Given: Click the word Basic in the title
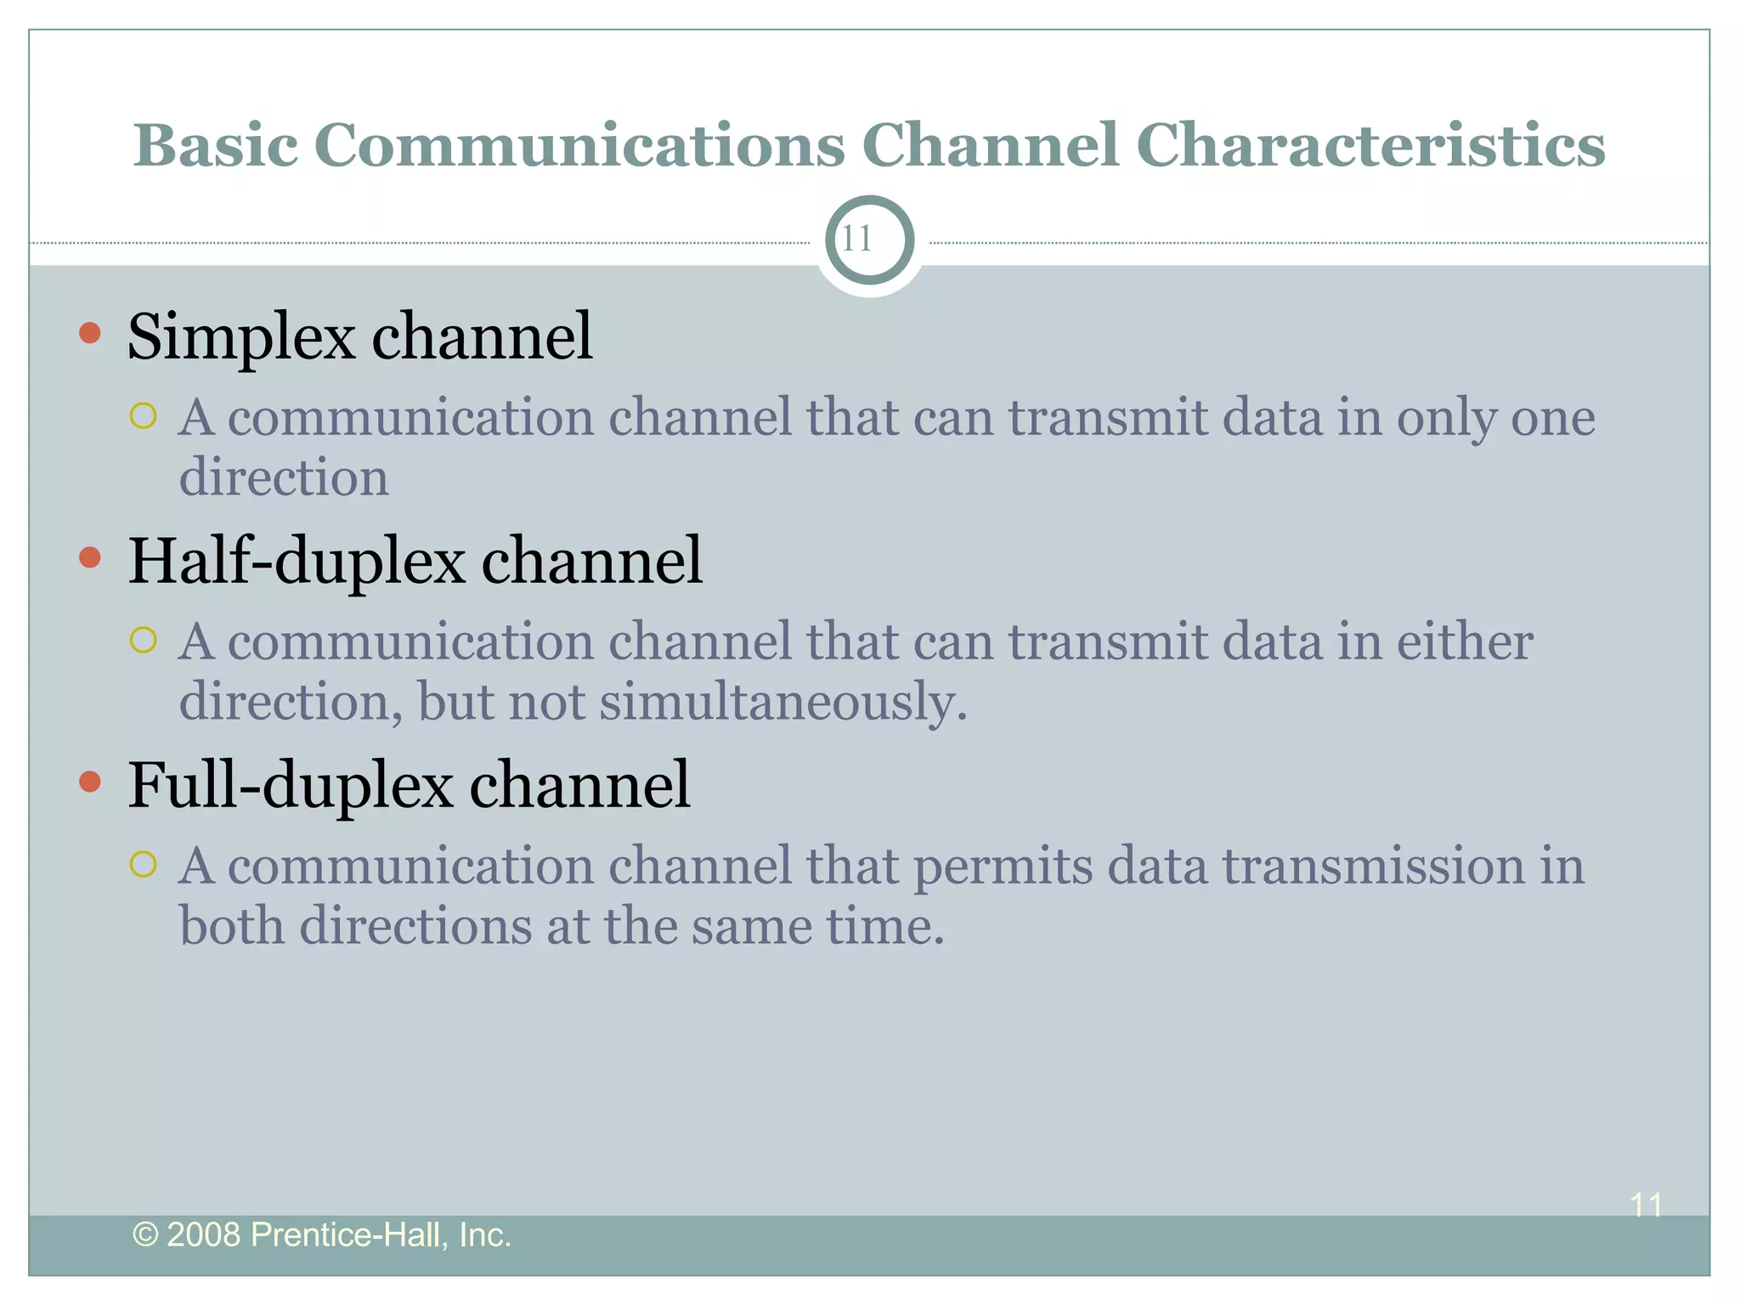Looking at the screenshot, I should (215, 146).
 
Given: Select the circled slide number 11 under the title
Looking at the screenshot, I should (868, 240).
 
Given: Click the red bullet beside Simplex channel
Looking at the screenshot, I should (90, 332).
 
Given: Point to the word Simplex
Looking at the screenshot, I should (240, 337).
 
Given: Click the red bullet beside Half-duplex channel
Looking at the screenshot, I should (90, 557).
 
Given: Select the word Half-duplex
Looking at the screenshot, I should (297, 562).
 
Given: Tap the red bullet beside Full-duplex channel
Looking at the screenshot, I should (90, 782).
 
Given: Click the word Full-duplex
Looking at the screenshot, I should (290, 786).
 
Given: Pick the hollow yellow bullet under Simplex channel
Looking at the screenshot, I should (144, 416).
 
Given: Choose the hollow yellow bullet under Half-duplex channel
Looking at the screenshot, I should (144, 640).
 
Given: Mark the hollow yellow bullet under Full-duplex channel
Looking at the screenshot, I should (144, 864).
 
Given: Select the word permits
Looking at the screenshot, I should (1003, 868).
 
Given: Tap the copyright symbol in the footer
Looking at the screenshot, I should (145, 1234).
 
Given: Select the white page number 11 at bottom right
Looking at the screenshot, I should (1646, 1205).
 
